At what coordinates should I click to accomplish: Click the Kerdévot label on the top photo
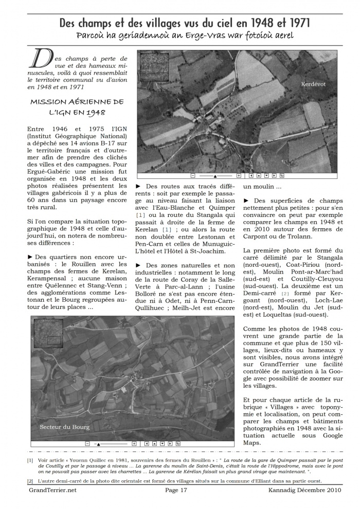313,84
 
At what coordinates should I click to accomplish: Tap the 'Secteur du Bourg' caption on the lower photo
65,427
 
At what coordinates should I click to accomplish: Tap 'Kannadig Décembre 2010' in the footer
305,490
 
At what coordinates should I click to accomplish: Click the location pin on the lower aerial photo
132,378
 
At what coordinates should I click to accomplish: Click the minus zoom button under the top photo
193,175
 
